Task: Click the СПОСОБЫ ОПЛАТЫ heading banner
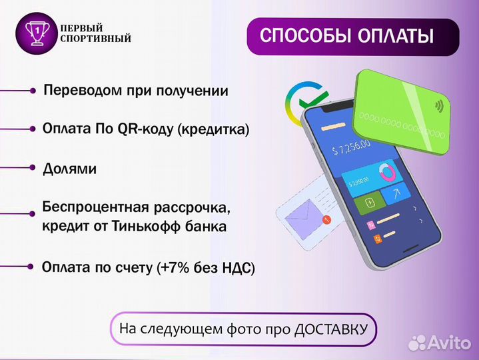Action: point(352,36)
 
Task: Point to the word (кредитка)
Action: point(213,129)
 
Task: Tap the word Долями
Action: point(70,169)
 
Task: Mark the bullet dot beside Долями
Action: point(31,169)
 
